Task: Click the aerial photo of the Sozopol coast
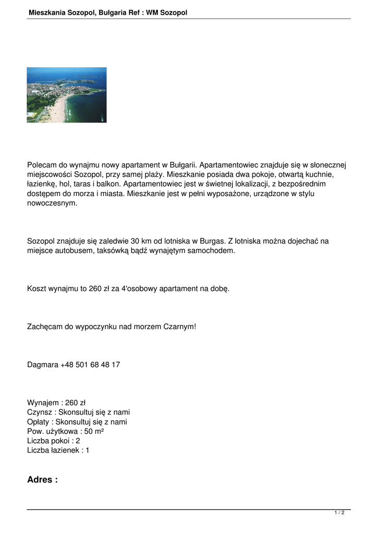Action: pos(66,95)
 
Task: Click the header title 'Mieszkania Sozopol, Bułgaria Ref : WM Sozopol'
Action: pos(108,12)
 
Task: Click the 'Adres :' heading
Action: pos(42,480)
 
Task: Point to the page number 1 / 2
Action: pos(339,513)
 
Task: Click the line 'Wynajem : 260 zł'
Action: pos(56,402)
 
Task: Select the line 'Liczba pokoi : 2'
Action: pos(54,440)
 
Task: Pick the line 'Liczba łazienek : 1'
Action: pos(58,450)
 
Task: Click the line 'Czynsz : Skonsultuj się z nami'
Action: pos(78,412)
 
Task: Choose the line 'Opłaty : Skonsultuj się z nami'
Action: pos(77,421)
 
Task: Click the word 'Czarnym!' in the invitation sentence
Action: pos(180,326)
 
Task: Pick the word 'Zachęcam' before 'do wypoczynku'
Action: pos(44,326)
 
